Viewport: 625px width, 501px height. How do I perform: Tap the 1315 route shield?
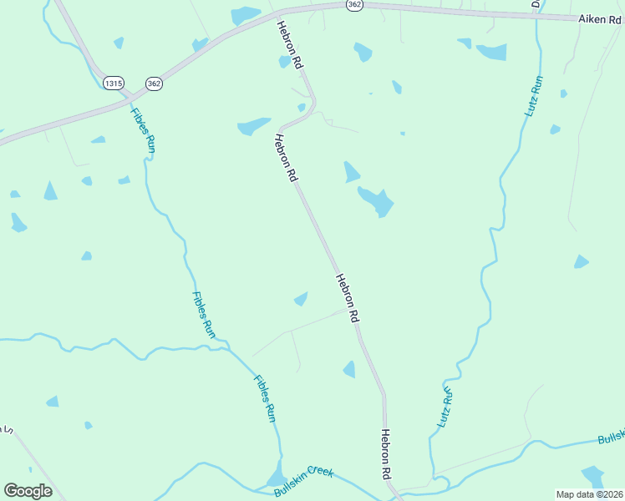[x=113, y=83]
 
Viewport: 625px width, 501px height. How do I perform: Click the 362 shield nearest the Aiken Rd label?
[x=354, y=4]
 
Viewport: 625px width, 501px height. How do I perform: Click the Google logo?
[x=28, y=491]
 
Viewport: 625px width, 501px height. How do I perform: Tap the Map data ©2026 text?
[x=589, y=494]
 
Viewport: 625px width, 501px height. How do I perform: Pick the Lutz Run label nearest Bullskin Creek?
[x=445, y=407]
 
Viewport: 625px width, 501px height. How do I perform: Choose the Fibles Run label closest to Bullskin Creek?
[x=265, y=398]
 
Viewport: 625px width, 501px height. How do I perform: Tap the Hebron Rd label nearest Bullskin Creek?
[x=386, y=454]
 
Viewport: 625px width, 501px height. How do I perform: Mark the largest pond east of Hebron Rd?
[x=377, y=201]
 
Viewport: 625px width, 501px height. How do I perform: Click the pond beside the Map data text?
[x=592, y=477]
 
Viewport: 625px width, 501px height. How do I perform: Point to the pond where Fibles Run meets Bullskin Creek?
[x=276, y=476]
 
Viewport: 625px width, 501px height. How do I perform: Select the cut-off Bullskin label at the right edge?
[x=612, y=438]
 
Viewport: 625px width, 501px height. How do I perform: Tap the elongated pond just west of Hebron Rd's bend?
[x=253, y=126]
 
